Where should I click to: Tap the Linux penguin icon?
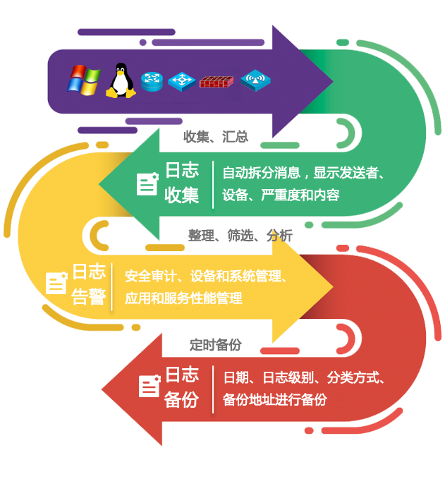pos(121,80)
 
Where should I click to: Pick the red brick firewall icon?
pos(214,81)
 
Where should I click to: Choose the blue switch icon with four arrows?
pos(183,81)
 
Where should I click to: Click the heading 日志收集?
pos(182,182)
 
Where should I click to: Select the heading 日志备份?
pos(182,387)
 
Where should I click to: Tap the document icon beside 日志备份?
pos(149,386)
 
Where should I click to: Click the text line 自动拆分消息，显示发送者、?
pos(303,172)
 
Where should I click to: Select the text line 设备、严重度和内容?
pos(281,195)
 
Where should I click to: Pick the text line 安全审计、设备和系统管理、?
pos(206,275)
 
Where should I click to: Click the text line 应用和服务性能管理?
pos(183,298)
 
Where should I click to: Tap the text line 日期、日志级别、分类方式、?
pos(303,377)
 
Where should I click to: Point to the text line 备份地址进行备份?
pos(275,399)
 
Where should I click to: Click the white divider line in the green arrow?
pos(213,183)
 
